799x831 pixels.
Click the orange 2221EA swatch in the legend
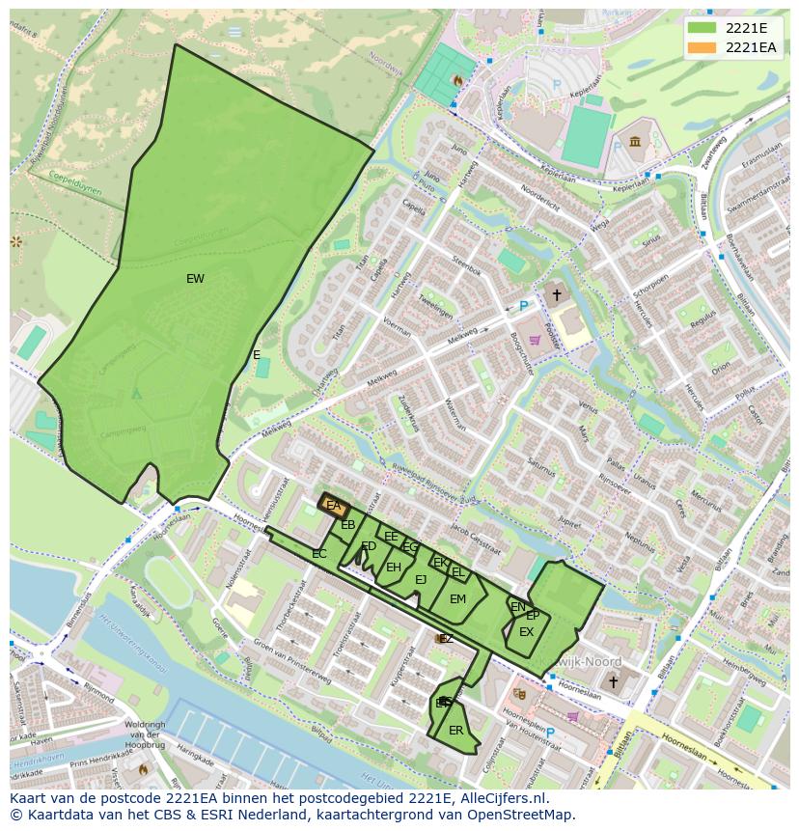703,48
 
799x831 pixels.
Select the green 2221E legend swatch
703,28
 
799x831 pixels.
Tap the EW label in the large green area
195,279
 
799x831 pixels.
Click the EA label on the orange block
333,506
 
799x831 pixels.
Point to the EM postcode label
457,599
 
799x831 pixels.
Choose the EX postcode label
526,632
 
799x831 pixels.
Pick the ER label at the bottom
456,731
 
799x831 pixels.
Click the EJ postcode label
421,580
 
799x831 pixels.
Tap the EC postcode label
319,554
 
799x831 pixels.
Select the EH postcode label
393,568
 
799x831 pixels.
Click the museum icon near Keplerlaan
635,143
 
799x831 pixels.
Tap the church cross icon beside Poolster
556,293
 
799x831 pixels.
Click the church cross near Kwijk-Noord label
612,681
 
